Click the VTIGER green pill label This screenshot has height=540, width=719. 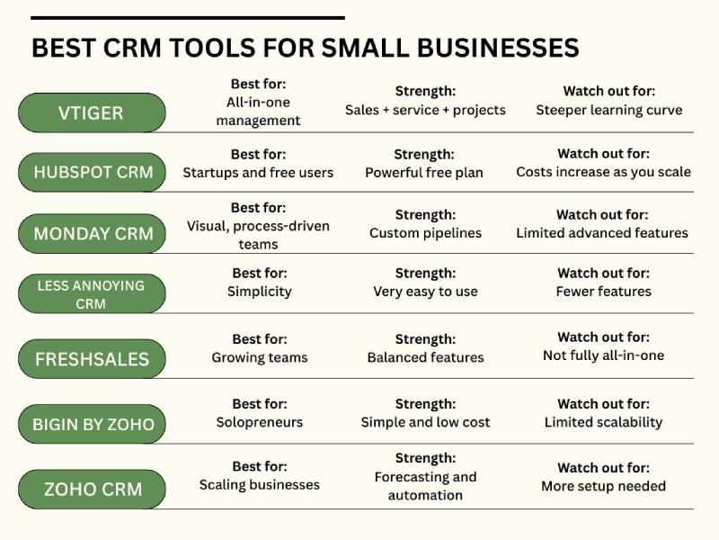[x=92, y=113]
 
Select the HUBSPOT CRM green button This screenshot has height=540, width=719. [x=92, y=172]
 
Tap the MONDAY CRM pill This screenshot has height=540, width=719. [x=92, y=234]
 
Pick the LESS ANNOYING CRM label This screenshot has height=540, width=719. [x=92, y=294]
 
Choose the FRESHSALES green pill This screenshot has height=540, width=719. [x=92, y=359]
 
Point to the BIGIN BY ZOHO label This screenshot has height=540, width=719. [x=92, y=424]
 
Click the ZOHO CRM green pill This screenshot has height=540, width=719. [x=92, y=490]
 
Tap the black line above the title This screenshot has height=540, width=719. [x=187, y=17]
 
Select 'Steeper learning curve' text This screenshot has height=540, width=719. [x=608, y=110]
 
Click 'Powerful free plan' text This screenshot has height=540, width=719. [x=423, y=172]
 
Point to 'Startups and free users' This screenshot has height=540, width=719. [x=258, y=172]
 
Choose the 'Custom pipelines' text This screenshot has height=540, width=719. [x=425, y=233]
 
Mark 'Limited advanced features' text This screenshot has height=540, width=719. [x=601, y=233]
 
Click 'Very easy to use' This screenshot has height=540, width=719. [x=425, y=292]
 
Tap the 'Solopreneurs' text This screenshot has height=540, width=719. [x=259, y=422]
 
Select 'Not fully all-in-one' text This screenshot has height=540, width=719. [x=603, y=355]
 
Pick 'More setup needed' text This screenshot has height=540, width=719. [x=603, y=486]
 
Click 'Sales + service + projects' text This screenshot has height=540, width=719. [x=425, y=110]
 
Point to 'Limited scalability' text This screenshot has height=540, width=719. [x=603, y=422]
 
